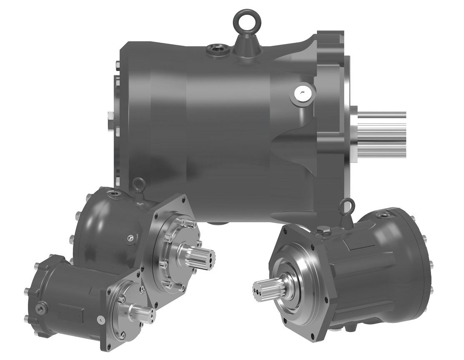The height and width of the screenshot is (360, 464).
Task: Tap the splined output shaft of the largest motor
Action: (383, 133)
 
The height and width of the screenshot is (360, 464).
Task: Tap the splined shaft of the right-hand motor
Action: (267, 287)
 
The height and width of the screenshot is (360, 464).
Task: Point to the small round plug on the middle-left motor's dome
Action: (130, 238)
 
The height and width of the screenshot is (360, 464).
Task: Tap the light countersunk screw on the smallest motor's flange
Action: (100, 320)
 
